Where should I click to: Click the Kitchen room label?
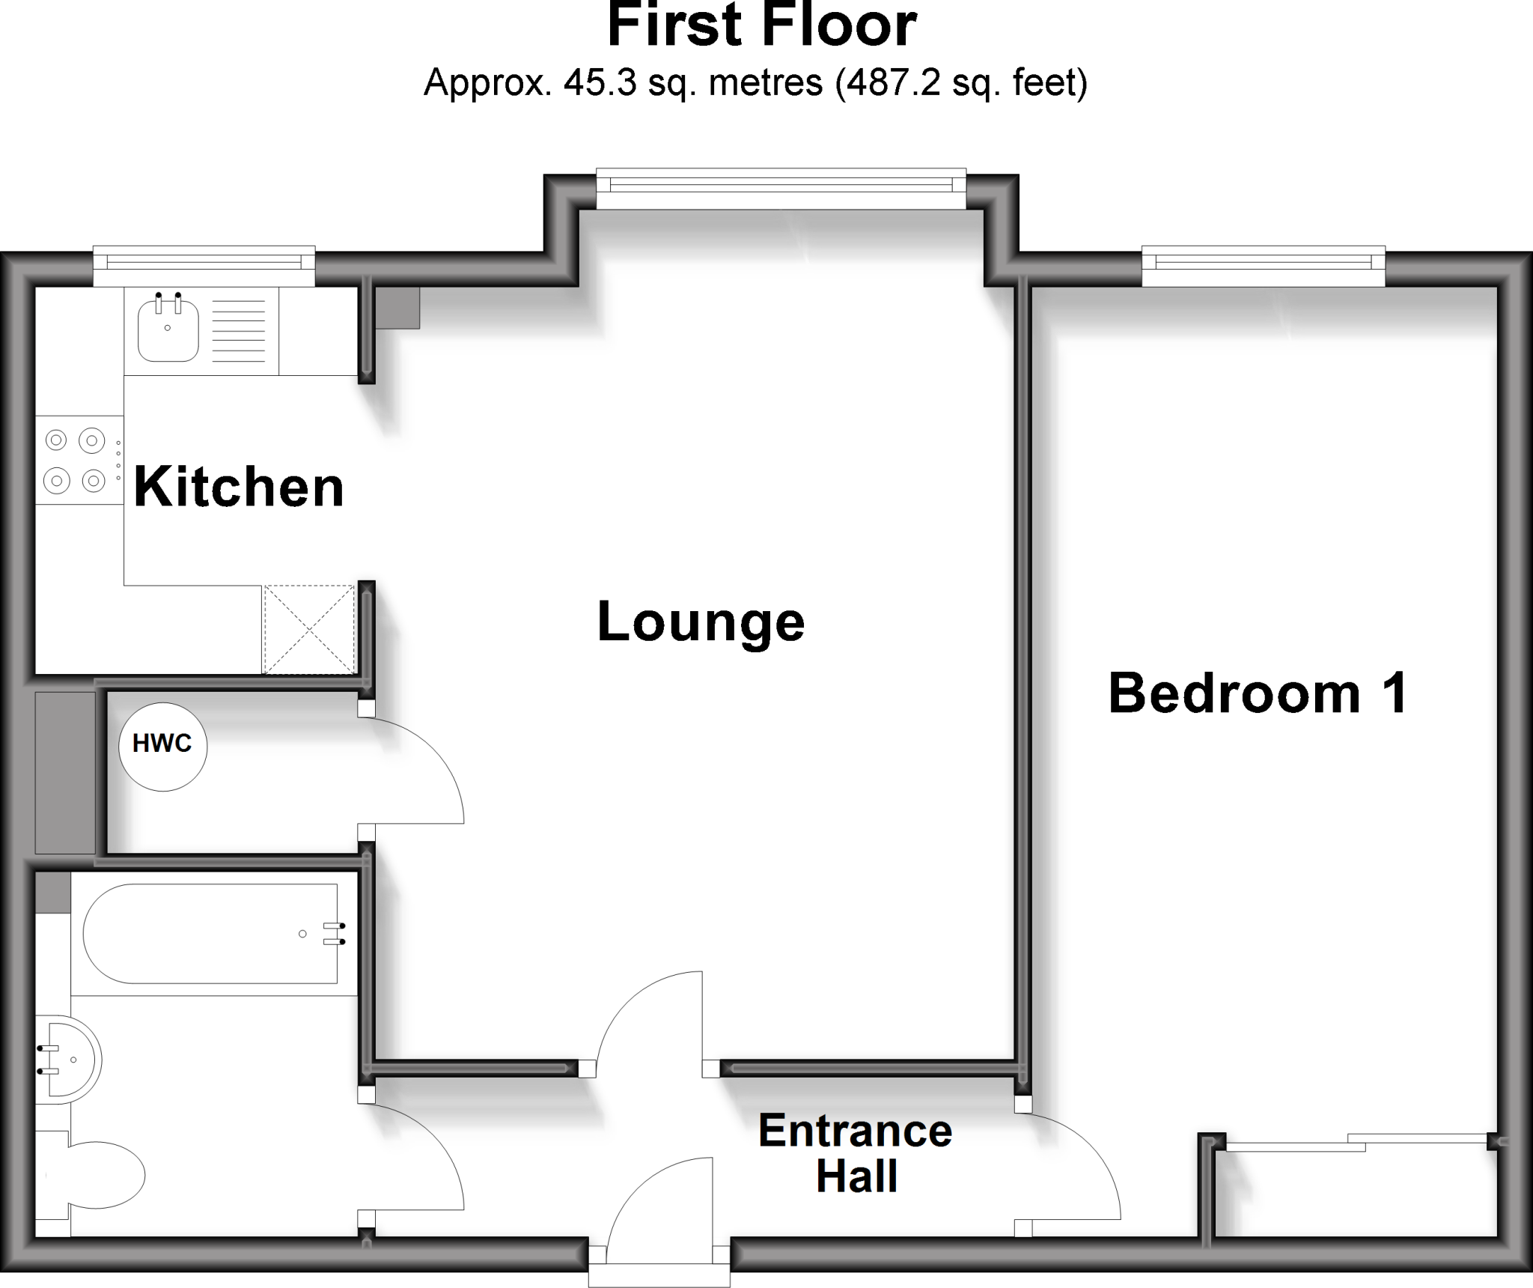[239, 487]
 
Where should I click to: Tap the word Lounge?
[701, 622]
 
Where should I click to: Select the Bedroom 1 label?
[1258, 693]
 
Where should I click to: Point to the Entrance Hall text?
[856, 1153]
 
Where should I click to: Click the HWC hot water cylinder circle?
[162, 746]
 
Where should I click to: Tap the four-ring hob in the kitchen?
[75, 460]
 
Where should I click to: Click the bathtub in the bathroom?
[210, 933]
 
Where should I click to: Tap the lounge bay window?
[781, 187]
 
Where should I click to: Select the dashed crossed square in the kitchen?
[308, 629]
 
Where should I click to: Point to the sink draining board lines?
[239, 329]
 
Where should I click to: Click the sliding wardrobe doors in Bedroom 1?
[1355, 1143]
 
